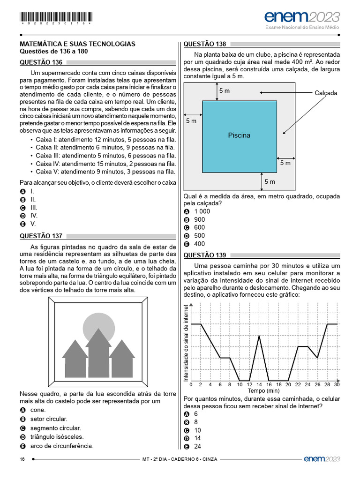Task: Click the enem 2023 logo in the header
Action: [x=302, y=17]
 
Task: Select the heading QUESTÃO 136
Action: [x=41, y=62]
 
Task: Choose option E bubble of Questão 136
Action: [x=22, y=224]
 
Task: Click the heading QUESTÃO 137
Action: [x=41, y=236]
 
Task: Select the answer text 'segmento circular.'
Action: [x=55, y=428]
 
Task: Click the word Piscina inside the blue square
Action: [x=239, y=135]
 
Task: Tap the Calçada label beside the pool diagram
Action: [x=326, y=93]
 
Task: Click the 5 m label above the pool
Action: [x=224, y=91]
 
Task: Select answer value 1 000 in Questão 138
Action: [x=202, y=211]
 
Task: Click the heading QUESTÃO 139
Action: [x=204, y=255]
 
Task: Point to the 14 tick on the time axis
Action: [x=259, y=385]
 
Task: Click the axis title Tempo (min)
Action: [x=263, y=390]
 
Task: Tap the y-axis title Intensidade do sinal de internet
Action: [x=186, y=343]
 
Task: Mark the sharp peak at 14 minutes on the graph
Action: [x=259, y=335]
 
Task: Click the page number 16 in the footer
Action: [x=22, y=459]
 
